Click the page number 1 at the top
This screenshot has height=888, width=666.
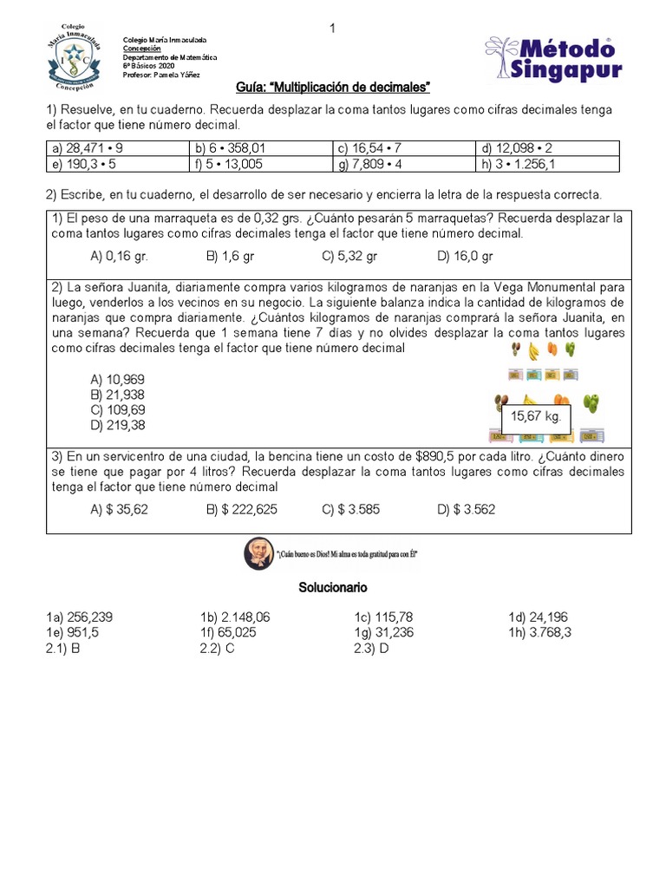click(331, 30)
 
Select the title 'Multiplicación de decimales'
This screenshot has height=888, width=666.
click(334, 88)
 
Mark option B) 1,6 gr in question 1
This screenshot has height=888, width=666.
click(231, 256)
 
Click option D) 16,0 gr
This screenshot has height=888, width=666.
click(466, 256)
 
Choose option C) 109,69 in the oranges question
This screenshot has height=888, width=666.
click(118, 409)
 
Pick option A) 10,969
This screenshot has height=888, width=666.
click(118, 379)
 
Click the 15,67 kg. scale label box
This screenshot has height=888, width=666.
click(536, 417)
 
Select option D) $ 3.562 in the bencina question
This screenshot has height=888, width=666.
click(467, 510)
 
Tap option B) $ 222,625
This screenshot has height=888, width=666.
click(242, 510)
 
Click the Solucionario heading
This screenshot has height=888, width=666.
click(333, 587)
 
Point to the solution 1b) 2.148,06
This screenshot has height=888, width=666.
click(235, 617)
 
